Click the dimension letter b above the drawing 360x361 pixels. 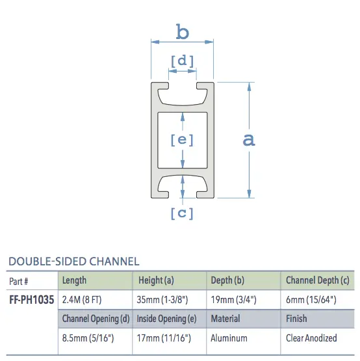pos(183,31)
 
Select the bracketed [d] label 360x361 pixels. pos(182,61)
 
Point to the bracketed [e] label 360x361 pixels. pos(182,139)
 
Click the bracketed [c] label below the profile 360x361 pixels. pos(182,213)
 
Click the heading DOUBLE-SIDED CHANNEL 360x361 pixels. pos(73,261)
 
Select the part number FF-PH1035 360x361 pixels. pos(31,301)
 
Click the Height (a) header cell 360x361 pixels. pos(156,280)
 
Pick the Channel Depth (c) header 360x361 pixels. pos(318,280)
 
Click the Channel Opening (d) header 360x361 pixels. pos(96,319)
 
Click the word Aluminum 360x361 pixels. pos(229,338)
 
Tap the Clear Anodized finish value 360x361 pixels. pos(311,338)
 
